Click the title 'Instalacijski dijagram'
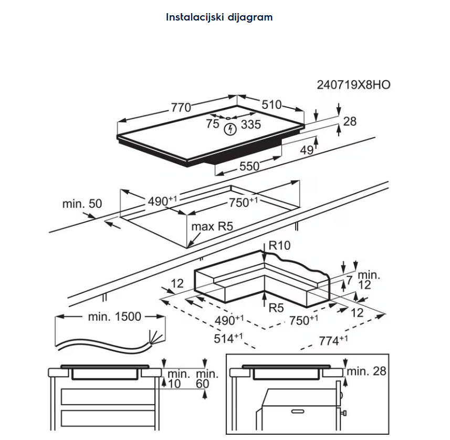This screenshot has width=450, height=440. (219, 17)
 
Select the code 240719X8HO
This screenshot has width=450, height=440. (353, 85)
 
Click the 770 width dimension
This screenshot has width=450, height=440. (180, 107)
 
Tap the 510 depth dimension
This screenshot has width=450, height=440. (271, 105)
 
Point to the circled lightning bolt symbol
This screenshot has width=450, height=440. (230, 129)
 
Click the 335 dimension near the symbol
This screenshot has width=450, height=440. (251, 125)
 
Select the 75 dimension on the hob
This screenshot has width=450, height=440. (212, 124)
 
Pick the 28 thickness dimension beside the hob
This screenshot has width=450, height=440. (350, 121)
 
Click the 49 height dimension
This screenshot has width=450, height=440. (307, 150)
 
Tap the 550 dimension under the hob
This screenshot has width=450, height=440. (249, 166)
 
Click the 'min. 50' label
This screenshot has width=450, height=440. (82, 203)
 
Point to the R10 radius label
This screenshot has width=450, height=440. (279, 245)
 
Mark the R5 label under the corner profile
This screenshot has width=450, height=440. (277, 308)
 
